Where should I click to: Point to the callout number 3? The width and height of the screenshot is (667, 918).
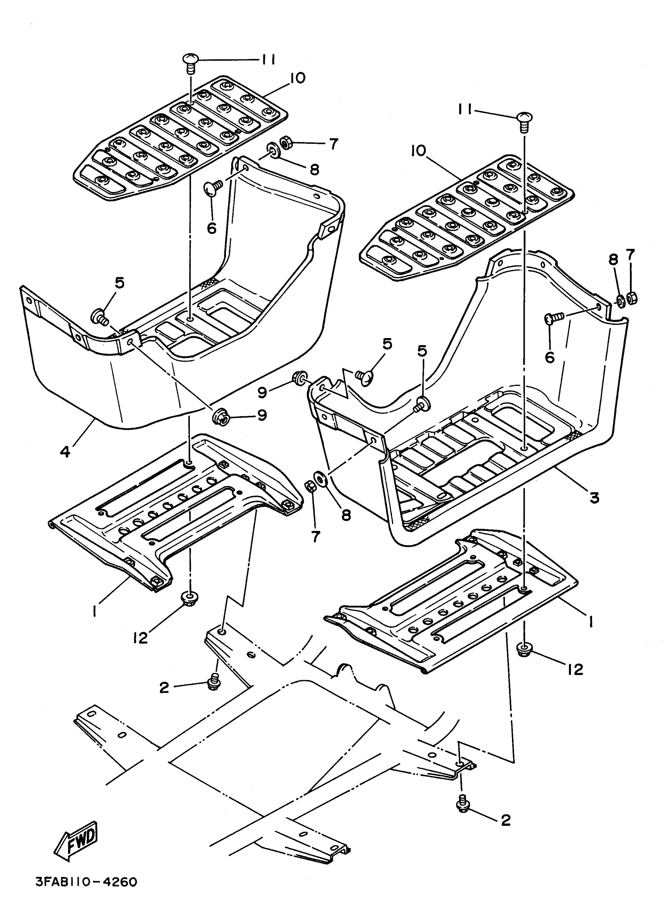coord(594,497)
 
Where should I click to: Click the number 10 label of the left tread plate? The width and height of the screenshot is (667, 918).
coord(298,78)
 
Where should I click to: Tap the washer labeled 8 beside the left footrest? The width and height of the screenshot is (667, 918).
coord(273,152)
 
